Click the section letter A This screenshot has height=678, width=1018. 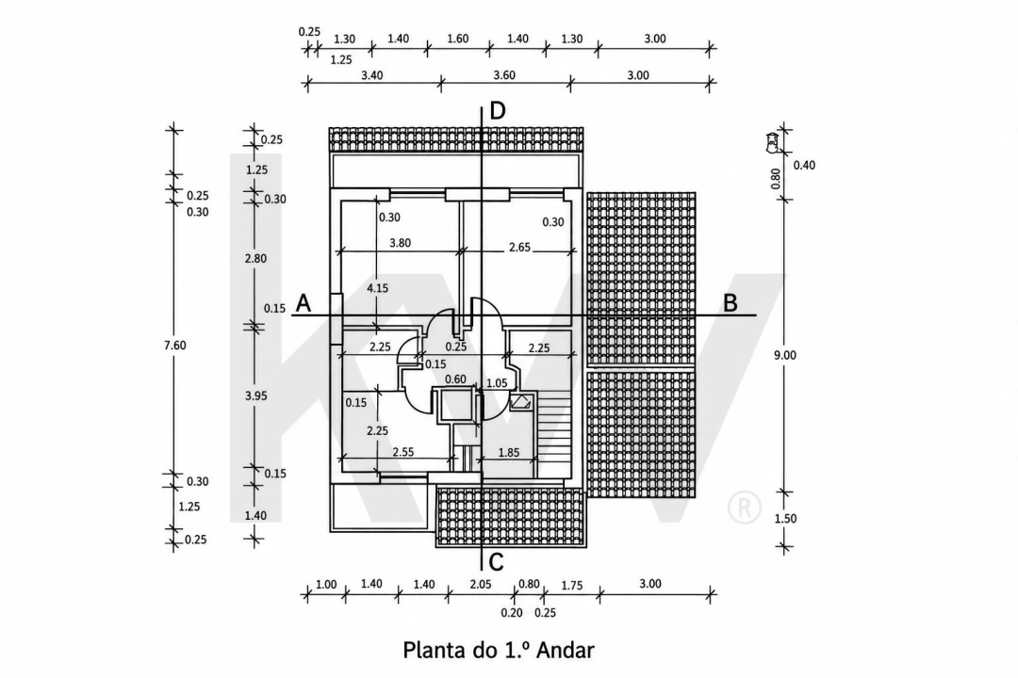tap(304, 303)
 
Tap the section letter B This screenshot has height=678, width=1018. tap(731, 303)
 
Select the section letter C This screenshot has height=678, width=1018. tap(497, 562)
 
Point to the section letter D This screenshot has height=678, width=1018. tap(498, 111)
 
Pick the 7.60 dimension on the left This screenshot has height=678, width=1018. tap(174, 346)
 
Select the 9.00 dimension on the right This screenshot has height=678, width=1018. tap(785, 355)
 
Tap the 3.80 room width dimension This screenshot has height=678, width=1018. tap(400, 243)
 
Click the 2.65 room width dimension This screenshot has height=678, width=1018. tap(520, 248)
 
